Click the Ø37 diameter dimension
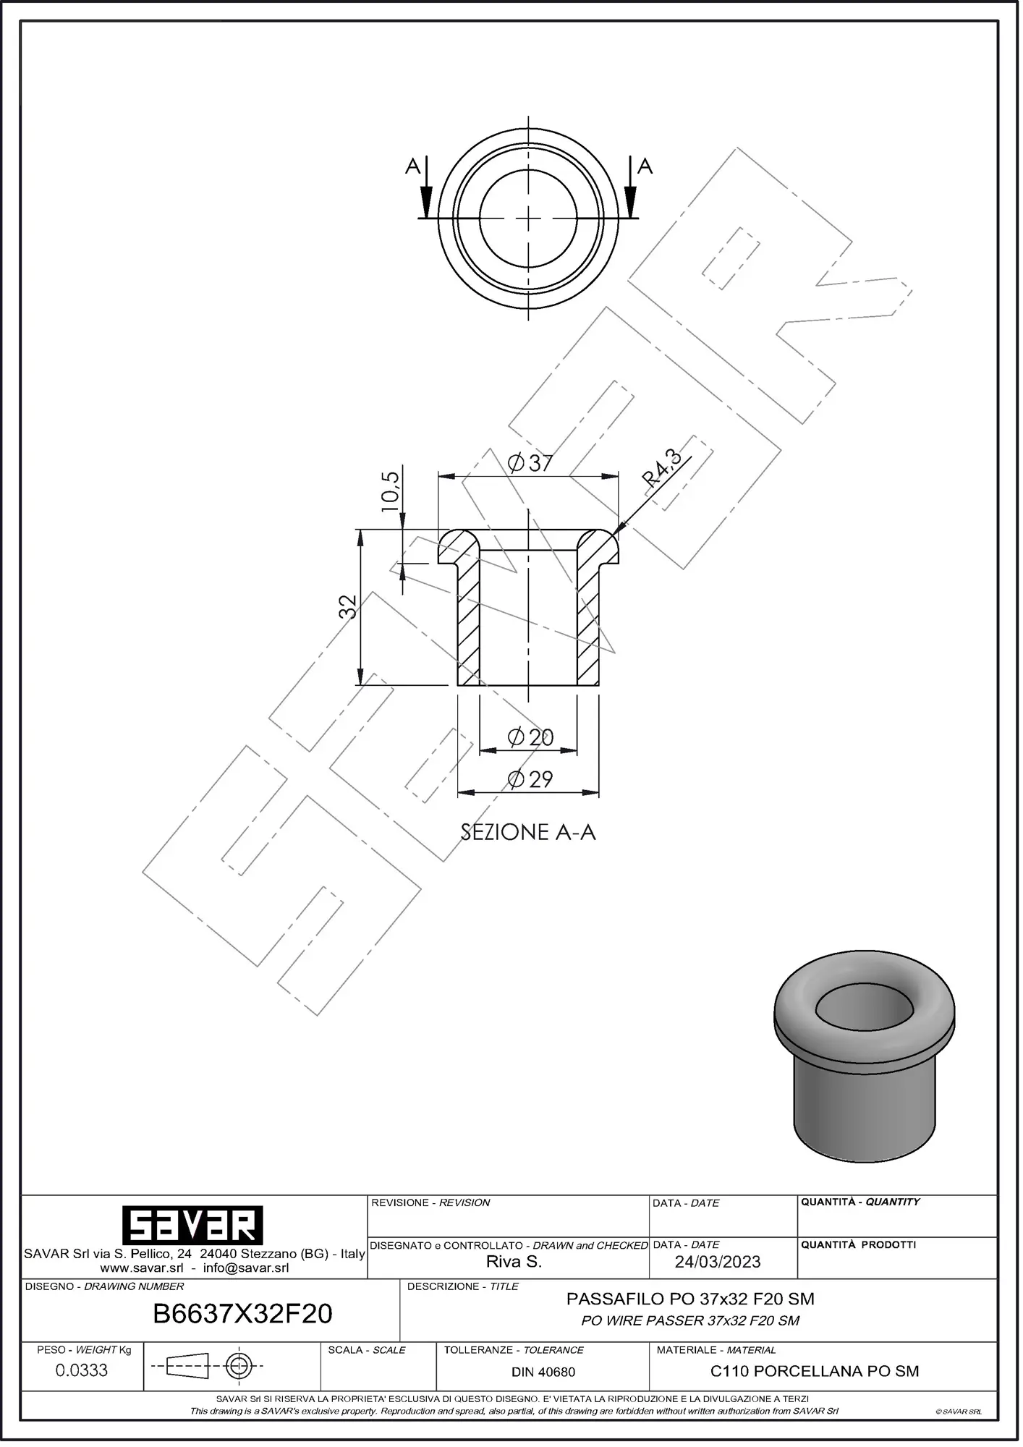[x=530, y=463]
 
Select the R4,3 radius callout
[x=662, y=468]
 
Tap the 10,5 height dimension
[x=390, y=492]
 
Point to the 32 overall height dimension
[x=348, y=606]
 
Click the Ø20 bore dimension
[x=530, y=738]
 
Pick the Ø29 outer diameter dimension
[x=530, y=780]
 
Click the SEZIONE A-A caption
[x=528, y=833]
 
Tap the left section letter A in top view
[x=412, y=167]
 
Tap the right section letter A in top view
[x=645, y=167]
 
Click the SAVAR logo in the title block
[x=192, y=1226]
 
